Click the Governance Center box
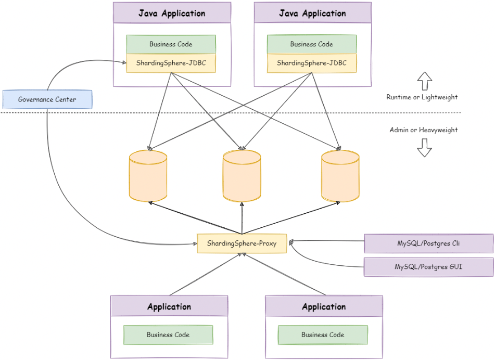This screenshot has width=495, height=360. pos(47,99)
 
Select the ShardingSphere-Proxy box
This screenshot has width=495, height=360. pos(242,243)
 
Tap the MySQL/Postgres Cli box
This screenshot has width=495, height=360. pos(428,243)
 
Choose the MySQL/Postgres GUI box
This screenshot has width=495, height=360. pos(428,267)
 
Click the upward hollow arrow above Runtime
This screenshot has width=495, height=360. pos(425,81)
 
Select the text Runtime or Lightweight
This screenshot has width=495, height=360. pos(422,97)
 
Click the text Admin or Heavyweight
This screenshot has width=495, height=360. pos(424,130)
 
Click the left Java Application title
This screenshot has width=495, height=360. pos(172,14)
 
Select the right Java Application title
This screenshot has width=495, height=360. pos(312,14)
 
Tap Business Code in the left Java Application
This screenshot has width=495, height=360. pos(171,44)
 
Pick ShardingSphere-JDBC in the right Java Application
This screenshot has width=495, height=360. pos(312,63)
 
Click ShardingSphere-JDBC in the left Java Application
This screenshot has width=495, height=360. pos(171,63)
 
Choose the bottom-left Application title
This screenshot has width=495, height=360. pos(169,306)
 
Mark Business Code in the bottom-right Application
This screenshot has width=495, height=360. pos(323,335)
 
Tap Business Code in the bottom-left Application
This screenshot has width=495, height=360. pos(168,335)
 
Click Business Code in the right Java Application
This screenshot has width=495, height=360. pos(312,44)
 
